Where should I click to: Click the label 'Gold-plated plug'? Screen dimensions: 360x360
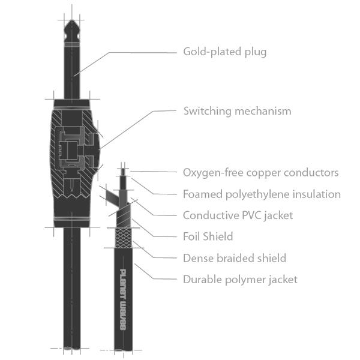point(224,52)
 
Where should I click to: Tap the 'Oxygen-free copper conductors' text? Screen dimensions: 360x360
point(260,173)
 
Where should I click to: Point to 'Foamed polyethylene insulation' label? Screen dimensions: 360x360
point(262,194)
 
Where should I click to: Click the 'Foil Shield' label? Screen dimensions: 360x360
point(208,236)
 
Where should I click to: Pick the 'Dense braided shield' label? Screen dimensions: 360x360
point(234,258)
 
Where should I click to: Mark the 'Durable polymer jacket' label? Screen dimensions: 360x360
point(240,280)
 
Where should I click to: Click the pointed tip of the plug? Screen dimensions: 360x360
point(72,25)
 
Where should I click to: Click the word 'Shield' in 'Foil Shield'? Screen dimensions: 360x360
point(219,236)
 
